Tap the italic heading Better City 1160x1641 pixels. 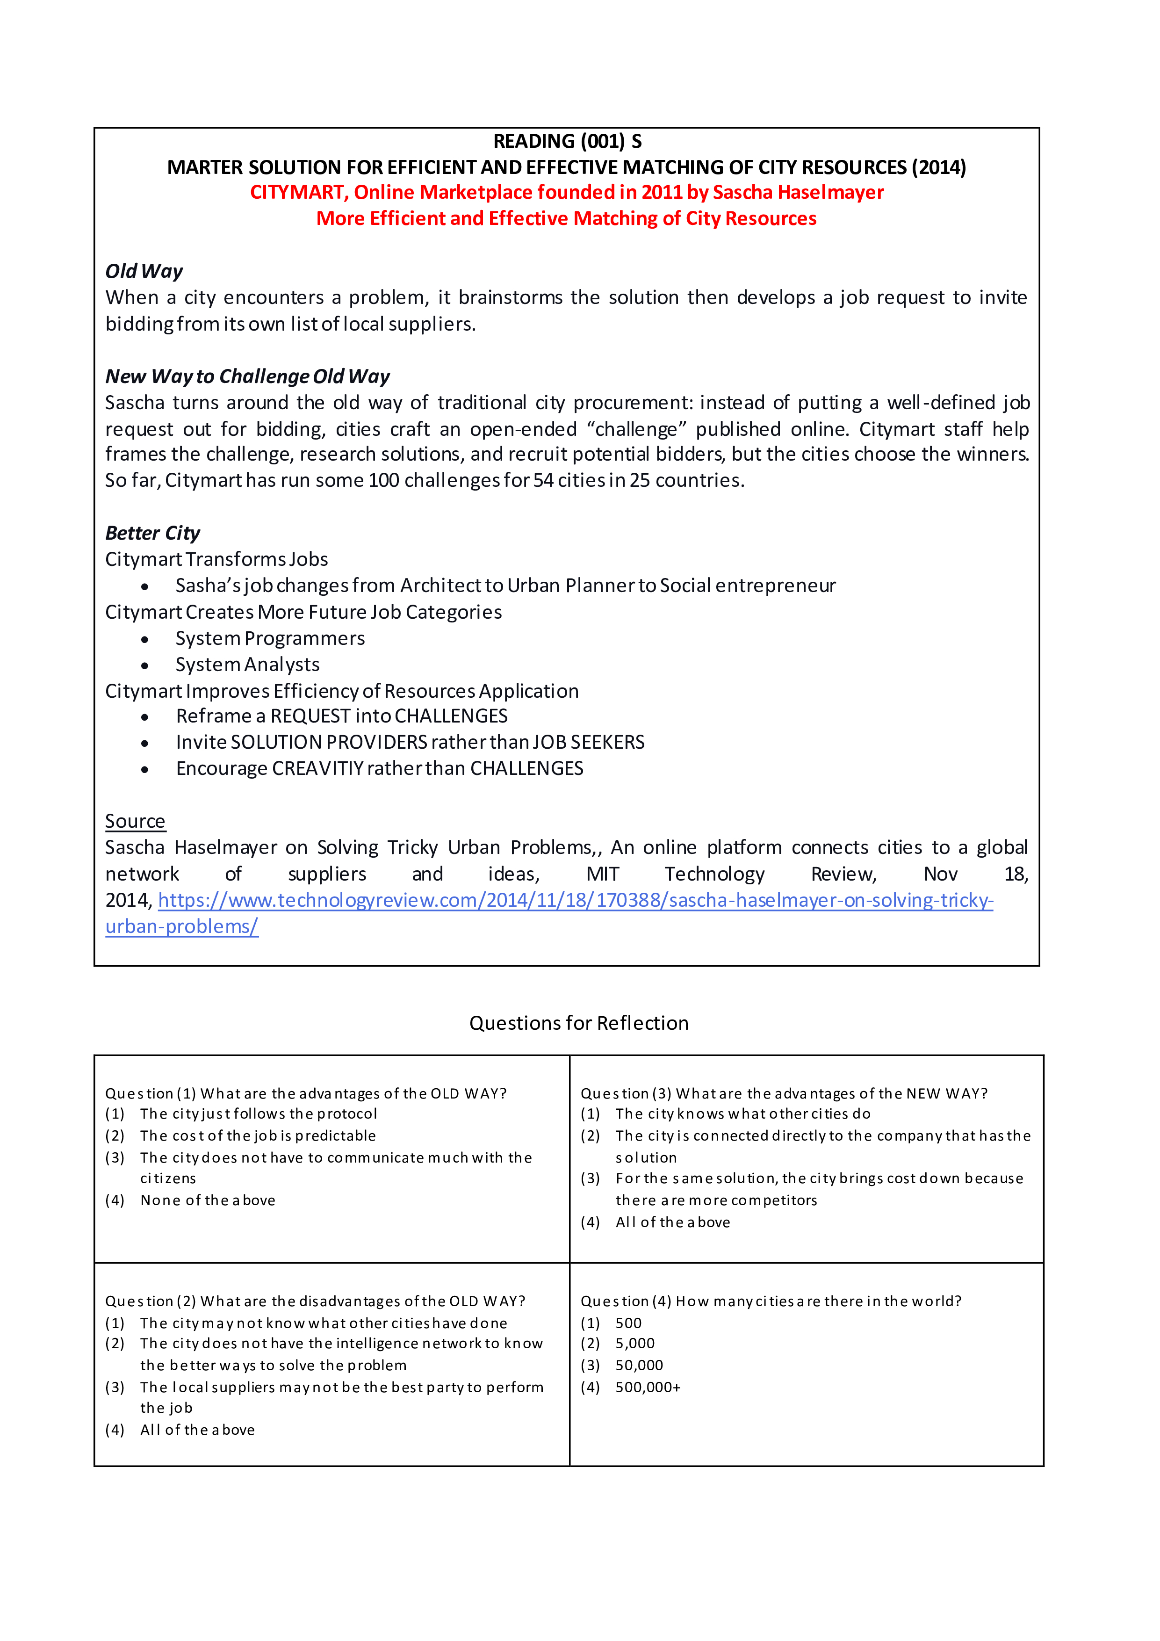coord(152,533)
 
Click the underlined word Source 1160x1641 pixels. coord(135,821)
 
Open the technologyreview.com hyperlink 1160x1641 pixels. coord(576,901)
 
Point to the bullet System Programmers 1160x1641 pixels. coord(270,638)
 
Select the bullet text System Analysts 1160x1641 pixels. coord(247,665)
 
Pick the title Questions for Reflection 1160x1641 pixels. coord(579,1024)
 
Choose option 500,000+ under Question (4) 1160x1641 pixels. coord(648,1387)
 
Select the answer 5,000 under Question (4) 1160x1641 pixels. coord(634,1344)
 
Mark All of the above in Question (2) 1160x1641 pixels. coord(197,1430)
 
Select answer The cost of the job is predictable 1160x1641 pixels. coord(257,1135)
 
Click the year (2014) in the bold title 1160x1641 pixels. coord(938,167)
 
